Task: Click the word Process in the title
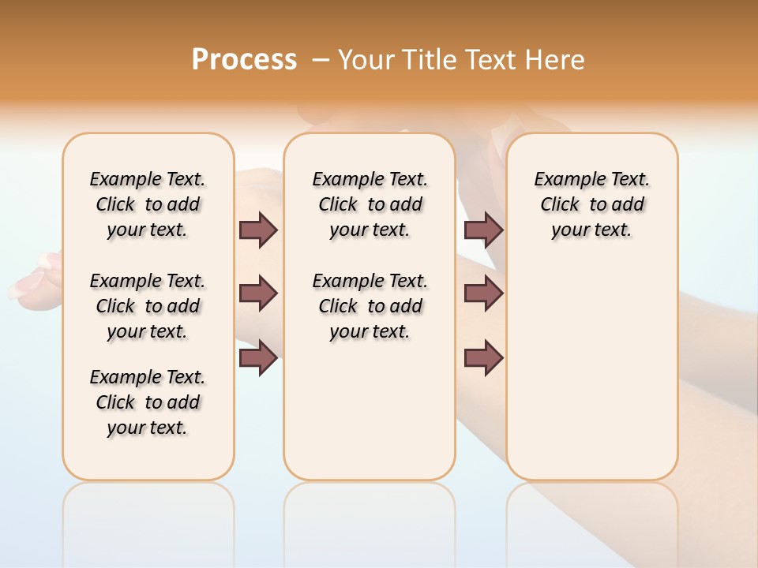244,60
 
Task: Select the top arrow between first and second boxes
258,230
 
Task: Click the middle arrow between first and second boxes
258,293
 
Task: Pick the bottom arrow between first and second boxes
258,358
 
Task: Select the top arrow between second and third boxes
484,230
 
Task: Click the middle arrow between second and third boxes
484,293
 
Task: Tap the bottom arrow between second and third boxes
484,358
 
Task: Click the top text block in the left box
148,204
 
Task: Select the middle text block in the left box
148,306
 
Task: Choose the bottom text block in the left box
148,402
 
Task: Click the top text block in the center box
370,204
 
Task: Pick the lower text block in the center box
370,306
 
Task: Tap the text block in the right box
591,204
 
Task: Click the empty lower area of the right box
591,371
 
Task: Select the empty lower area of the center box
370,410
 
